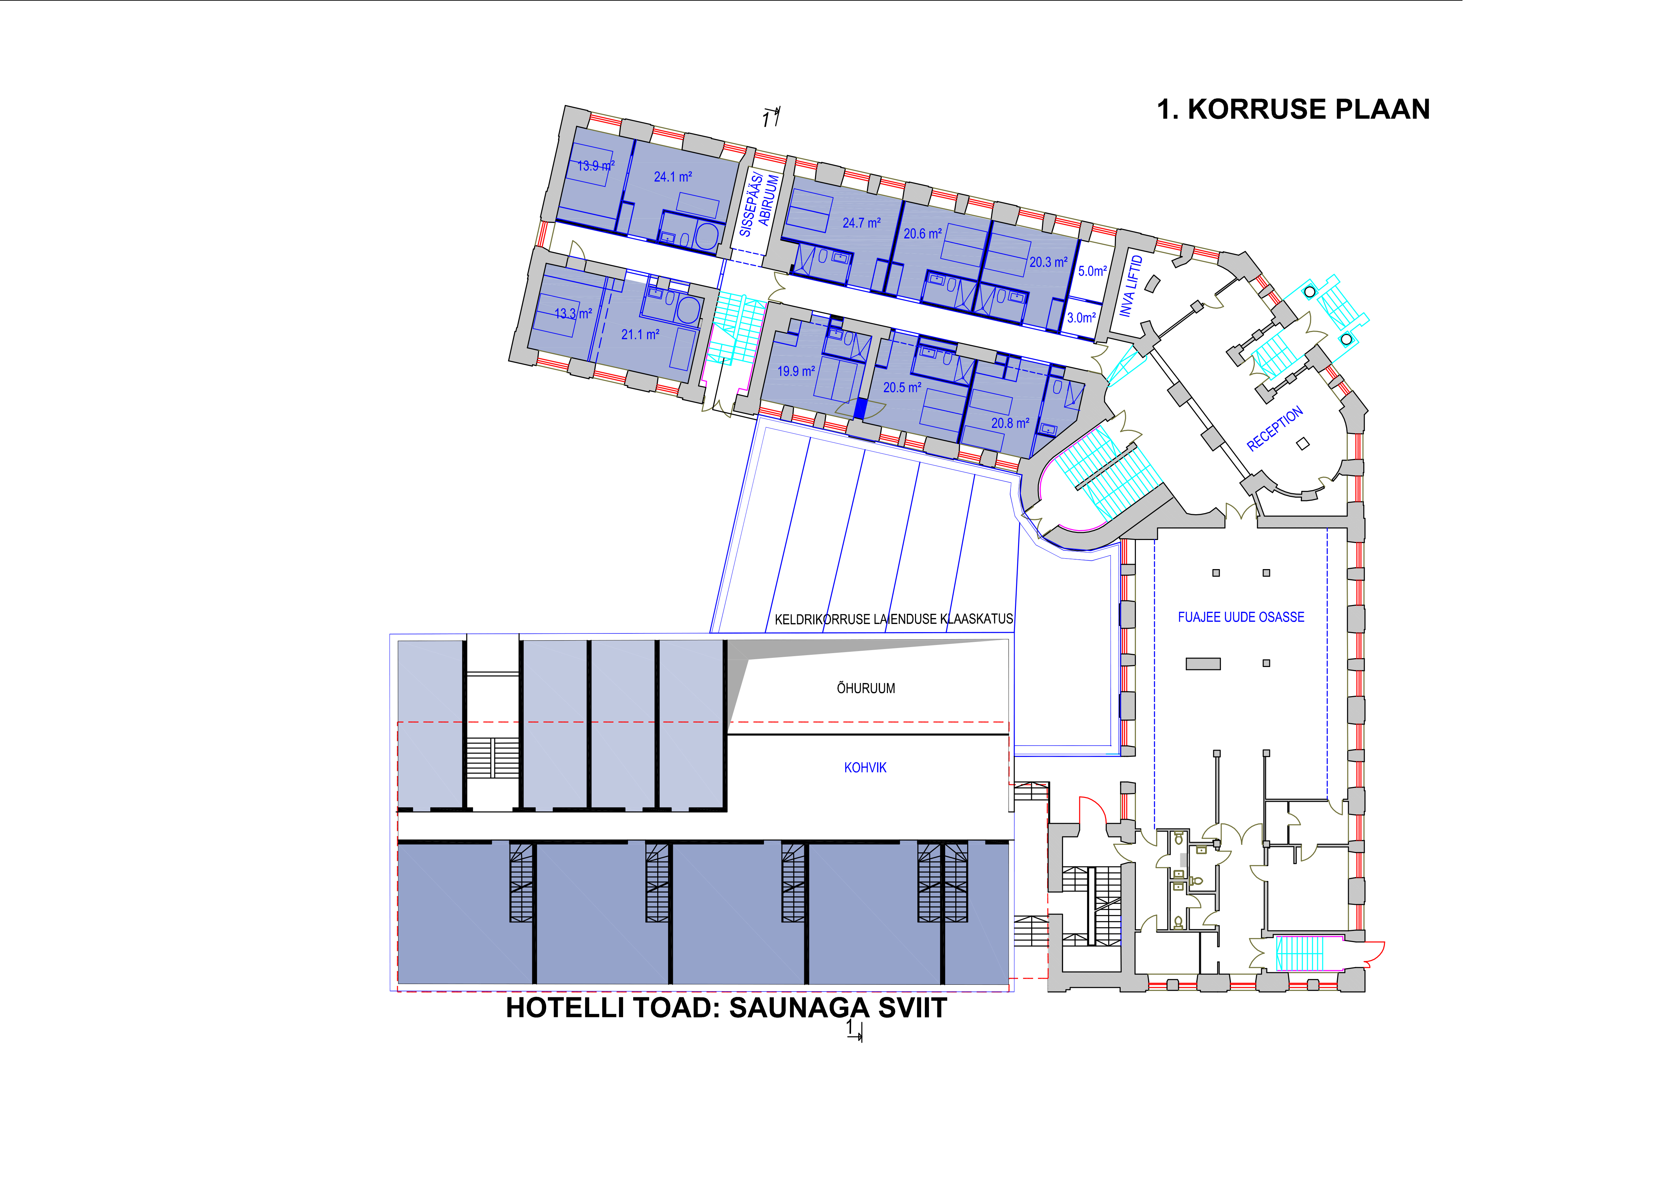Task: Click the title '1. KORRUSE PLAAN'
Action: point(1293,109)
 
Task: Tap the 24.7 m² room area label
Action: point(861,222)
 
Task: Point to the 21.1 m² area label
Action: point(640,334)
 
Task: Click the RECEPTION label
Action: point(1274,429)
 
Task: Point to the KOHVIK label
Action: point(865,767)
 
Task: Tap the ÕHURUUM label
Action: point(866,688)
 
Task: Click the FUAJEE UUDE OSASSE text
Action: point(1241,617)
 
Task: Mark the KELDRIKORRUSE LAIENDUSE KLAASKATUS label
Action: point(893,619)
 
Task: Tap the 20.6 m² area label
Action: point(923,233)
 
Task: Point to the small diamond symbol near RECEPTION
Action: point(1303,443)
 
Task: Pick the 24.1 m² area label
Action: point(672,176)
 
